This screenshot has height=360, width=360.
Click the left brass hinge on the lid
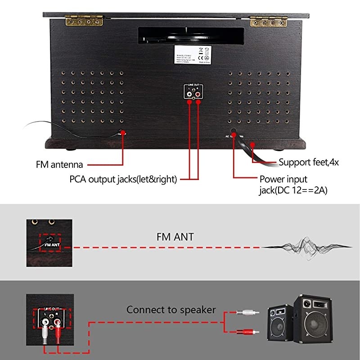[85, 20]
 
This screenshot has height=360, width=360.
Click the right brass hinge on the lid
[269, 21]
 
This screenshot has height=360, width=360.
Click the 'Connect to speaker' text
[171, 310]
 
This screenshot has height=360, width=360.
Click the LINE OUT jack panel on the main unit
[193, 92]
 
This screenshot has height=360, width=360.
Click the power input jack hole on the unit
[234, 131]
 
